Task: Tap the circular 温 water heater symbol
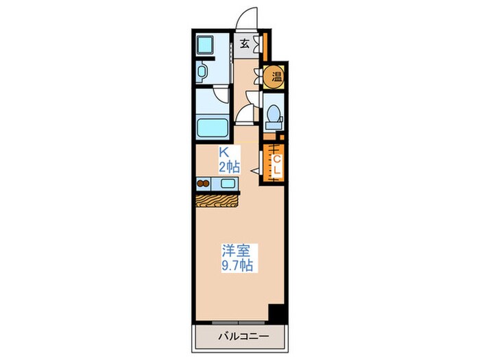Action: coord(275,75)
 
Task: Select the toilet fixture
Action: coord(274,116)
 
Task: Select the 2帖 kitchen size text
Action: coord(228,165)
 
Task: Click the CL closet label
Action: coord(277,165)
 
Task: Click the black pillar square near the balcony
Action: coord(276,313)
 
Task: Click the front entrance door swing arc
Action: coord(248,17)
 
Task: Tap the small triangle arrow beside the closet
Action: coord(254,169)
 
